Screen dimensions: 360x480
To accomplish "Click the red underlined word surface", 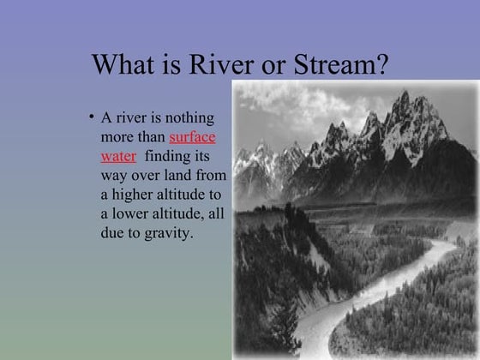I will coord(192,137).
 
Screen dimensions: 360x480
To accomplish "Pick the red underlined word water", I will coord(118,156).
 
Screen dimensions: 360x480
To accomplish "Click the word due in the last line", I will coord(113,232).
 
